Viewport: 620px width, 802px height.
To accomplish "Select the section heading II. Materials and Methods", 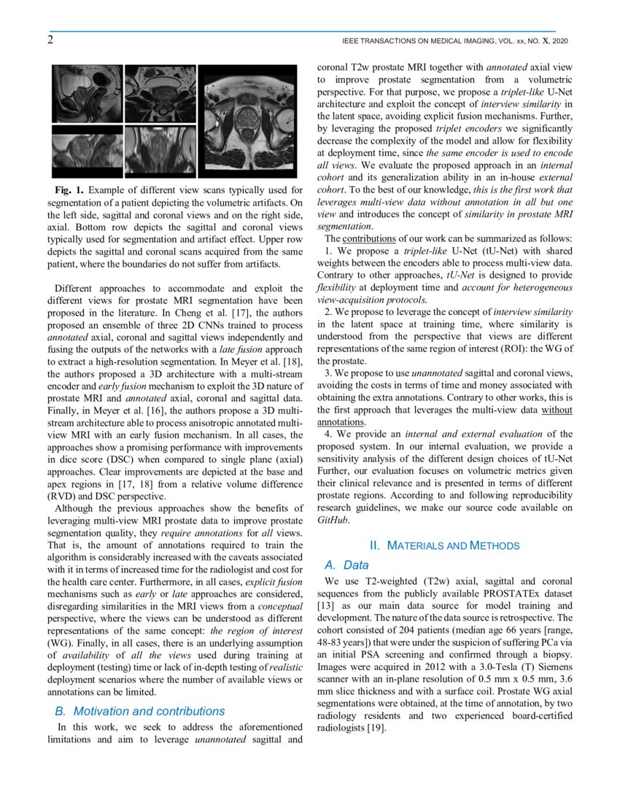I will (x=444, y=545).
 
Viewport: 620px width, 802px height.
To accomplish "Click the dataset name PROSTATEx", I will (x=503, y=594).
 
